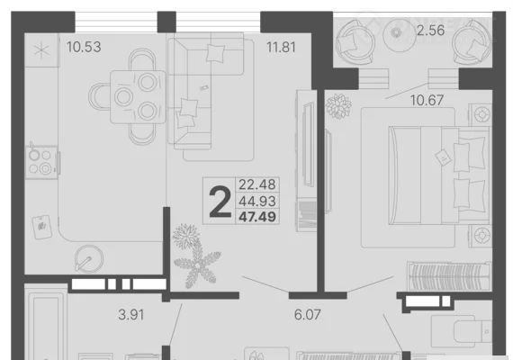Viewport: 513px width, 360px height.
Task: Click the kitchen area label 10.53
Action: click(84, 47)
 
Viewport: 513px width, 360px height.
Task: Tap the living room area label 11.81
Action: click(281, 47)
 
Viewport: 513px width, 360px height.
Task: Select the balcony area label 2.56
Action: click(430, 31)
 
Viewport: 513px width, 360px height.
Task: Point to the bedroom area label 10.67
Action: click(427, 100)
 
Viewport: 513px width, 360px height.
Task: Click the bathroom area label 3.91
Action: click(130, 315)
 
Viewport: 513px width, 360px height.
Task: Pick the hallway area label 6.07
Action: click(307, 314)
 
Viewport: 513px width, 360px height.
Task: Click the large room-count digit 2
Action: click(220, 201)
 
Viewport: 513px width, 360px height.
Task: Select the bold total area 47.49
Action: click(257, 217)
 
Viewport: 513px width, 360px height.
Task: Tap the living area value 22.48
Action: click(257, 184)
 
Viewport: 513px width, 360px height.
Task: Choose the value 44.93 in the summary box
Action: click(257, 201)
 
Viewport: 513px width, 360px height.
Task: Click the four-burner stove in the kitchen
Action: click(41, 162)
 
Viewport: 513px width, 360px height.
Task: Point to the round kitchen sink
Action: click(89, 259)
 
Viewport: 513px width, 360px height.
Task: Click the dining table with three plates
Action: click(138, 97)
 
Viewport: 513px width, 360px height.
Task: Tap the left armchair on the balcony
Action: click(355, 42)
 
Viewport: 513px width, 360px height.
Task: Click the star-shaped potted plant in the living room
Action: click(198, 265)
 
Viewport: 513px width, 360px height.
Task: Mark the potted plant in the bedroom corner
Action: click(338, 106)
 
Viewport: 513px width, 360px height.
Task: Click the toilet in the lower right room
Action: click(462, 331)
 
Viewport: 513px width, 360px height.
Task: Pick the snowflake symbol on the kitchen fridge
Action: click(41, 50)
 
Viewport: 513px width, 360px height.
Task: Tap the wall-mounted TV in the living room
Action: click(307, 143)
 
